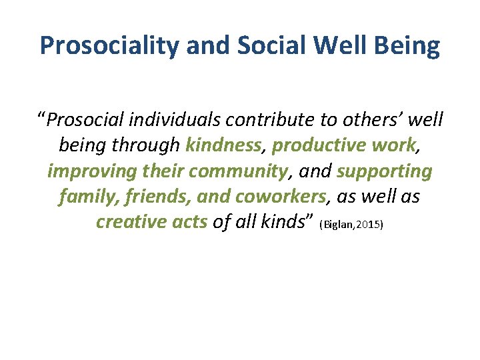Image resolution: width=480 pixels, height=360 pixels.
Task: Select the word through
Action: [151, 145]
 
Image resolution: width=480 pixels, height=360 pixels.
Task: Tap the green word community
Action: [236, 171]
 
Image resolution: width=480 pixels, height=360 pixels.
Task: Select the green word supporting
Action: [385, 171]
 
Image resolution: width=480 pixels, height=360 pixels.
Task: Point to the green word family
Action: [83, 196]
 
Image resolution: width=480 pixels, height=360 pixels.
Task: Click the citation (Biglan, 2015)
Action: [352, 225]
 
